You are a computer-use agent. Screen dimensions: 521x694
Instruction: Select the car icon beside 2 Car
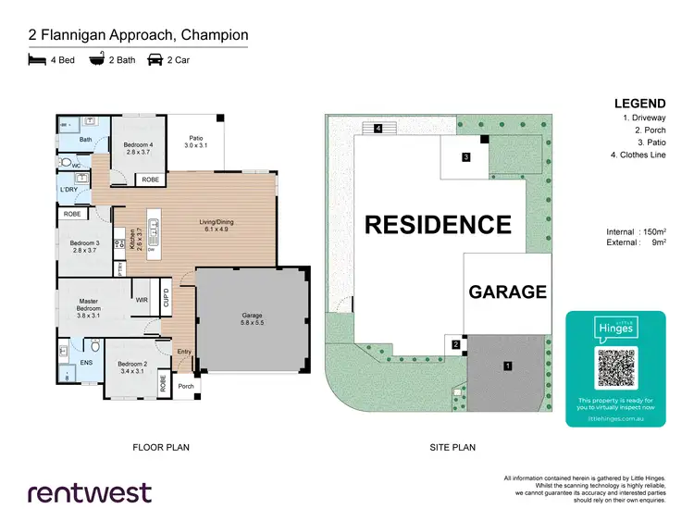tap(153, 60)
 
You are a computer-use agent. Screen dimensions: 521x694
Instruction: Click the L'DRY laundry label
tap(68, 189)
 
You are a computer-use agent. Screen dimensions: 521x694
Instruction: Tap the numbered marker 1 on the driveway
tap(507, 366)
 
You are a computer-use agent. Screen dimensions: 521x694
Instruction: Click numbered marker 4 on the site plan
tap(378, 128)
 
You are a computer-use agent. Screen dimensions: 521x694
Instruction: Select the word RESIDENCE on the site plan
tap(437, 225)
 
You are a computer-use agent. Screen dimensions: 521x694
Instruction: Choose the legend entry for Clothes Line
tap(636, 155)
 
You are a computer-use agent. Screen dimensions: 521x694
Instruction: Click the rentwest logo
tap(90, 491)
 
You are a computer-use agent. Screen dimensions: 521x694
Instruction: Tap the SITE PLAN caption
tap(452, 447)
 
